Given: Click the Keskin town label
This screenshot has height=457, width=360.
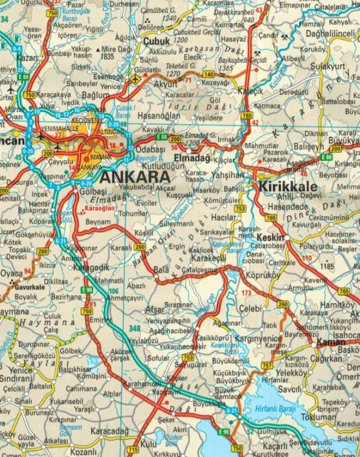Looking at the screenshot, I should [x=270, y=237].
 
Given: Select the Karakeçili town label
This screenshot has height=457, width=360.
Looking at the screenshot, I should [x=210, y=258].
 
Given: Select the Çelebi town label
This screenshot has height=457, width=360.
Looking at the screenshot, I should [x=250, y=309].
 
